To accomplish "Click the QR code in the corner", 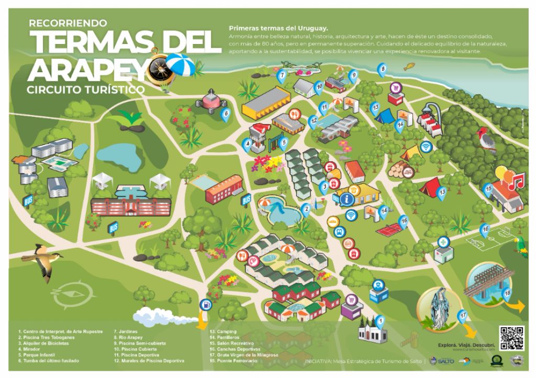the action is pos(511,338).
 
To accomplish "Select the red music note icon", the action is pos(518,182).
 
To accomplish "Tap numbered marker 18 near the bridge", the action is pos(506,294).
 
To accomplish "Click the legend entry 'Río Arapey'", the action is pos(128,338).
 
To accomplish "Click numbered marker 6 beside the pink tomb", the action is pos(226,113).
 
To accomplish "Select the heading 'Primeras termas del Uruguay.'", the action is pos(278,27).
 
